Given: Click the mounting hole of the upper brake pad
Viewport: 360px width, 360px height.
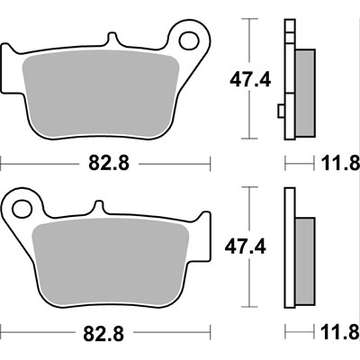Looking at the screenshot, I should point(190,39).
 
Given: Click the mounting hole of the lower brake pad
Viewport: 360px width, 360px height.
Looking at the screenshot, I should point(19,208).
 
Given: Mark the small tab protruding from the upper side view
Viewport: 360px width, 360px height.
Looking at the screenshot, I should point(282,111).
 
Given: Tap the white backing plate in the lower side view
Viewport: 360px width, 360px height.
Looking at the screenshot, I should point(290,247).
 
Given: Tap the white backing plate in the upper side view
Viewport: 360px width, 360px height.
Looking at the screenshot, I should point(290,81).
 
